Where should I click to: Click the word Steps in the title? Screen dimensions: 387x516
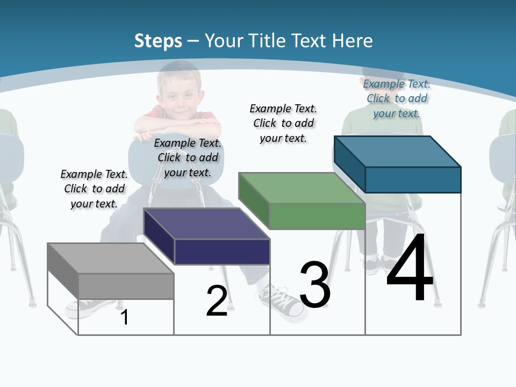coord(157,41)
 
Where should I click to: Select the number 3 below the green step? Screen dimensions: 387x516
coord(315,284)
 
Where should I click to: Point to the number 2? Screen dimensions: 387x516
coord(217,301)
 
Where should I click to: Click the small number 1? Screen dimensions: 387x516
coord(124,317)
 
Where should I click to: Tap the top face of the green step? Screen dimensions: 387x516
coord(302,188)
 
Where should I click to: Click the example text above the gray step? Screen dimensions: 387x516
coord(94,189)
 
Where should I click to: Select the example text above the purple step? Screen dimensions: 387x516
coord(188,157)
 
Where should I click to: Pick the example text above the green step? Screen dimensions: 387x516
coord(283,123)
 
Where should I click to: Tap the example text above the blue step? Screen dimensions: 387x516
coord(397,98)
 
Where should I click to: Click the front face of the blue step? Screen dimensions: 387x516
coord(413,180)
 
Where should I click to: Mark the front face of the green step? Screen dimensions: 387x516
coord(317,216)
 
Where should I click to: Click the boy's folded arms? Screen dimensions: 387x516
coord(177,127)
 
